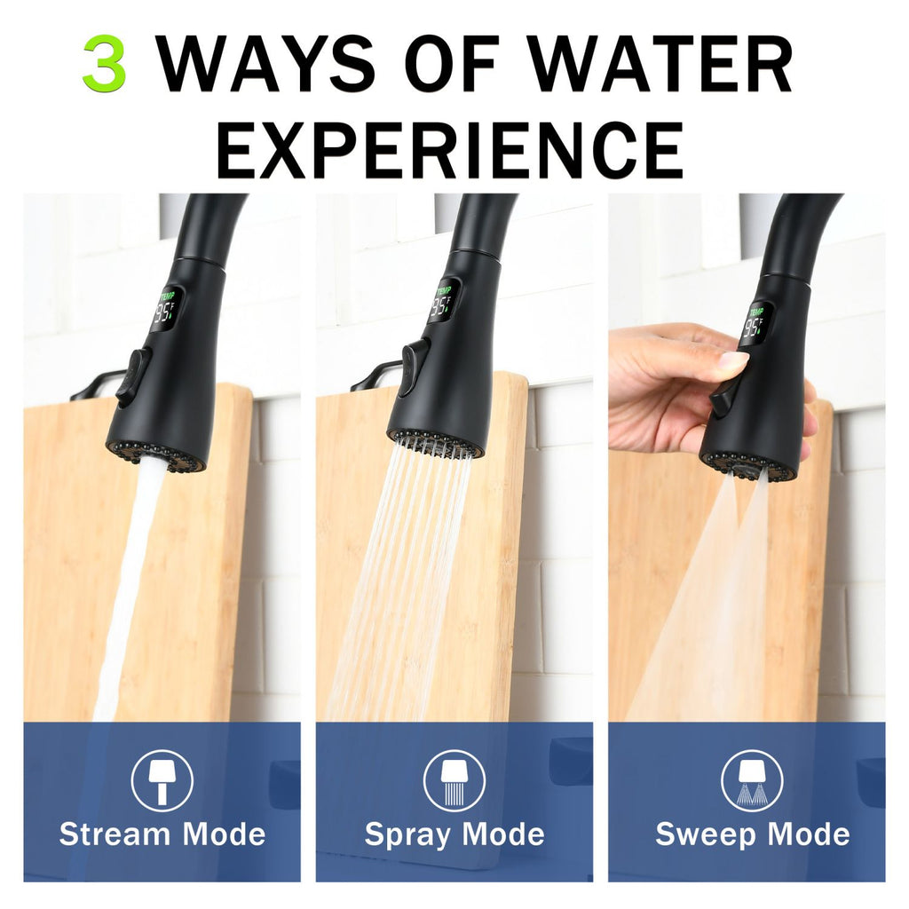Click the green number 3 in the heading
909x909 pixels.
tap(105, 63)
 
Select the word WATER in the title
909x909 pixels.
tap(660, 63)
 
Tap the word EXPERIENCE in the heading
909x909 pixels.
tap(451, 149)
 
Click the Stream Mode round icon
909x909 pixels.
tap(162, 780)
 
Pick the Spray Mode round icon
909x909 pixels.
tap(454, 780)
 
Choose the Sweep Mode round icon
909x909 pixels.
tap(752, 780)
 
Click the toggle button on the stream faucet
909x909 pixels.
tap(133, 376)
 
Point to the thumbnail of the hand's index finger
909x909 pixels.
tap(733, 360)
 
